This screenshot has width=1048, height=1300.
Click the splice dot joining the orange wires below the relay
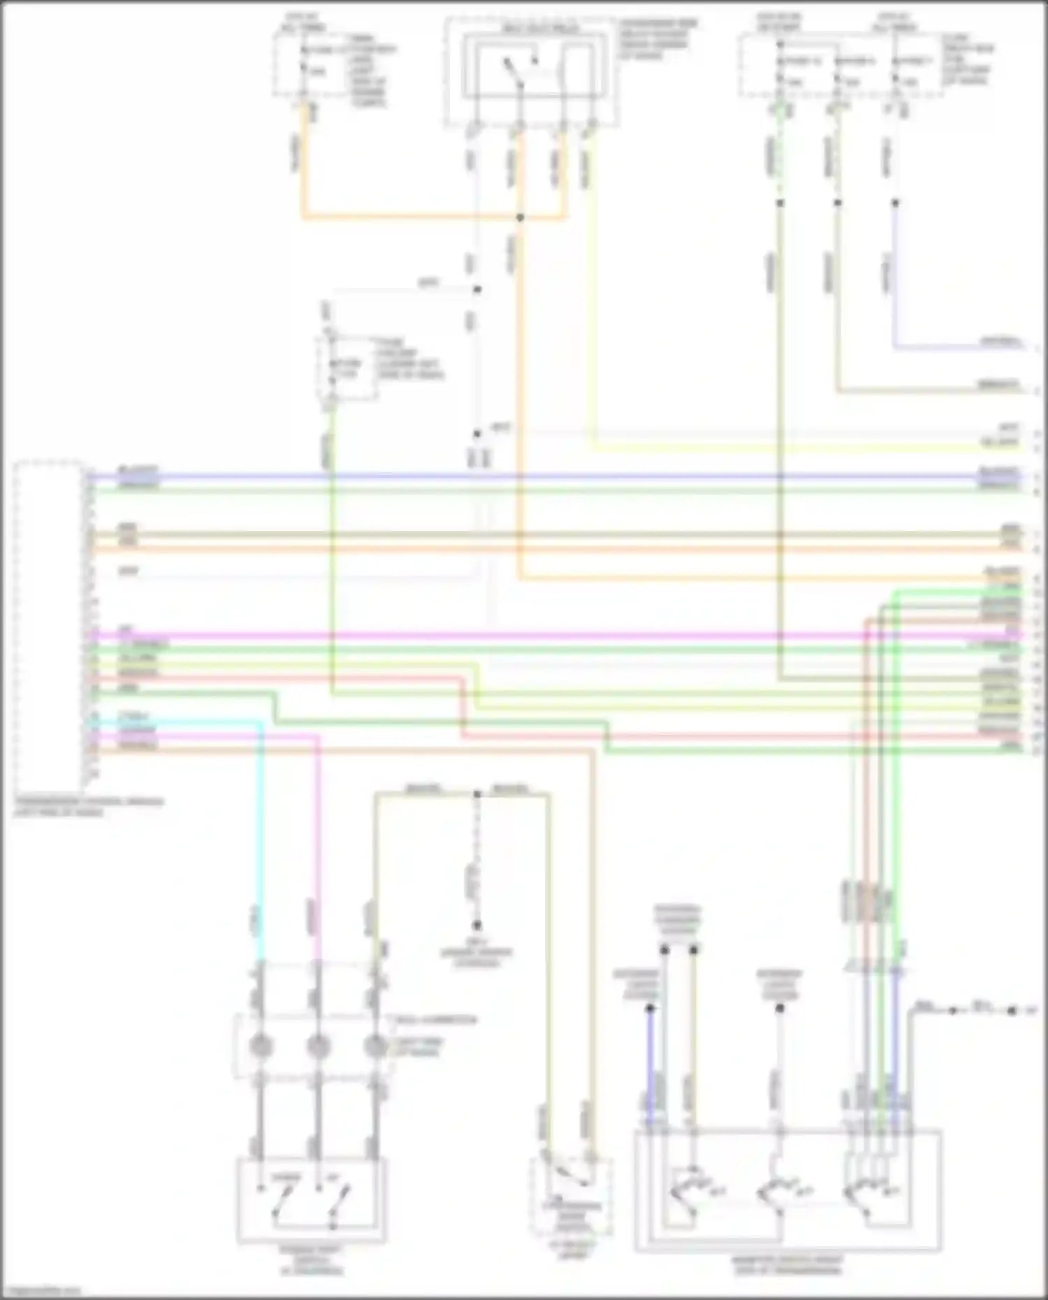(x=520, y=218)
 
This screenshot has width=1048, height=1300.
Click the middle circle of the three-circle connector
(x=318, y=1046)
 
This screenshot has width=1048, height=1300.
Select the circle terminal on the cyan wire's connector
(x=261, y=1046)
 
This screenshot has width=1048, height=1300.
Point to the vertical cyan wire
(x=261, y=838)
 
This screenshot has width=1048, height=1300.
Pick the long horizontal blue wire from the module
(x=559, y=477)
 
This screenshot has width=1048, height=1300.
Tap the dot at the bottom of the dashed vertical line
(x=477, y=926)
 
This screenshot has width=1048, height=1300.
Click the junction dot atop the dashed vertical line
(x=477, y=794)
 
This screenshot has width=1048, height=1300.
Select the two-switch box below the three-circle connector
(x=311, y=1200)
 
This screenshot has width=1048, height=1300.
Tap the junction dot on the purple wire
(x=895, y=203)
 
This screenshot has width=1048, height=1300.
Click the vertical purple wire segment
(x=894, y=279)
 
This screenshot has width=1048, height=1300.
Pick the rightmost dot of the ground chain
(x=1012, y=1011)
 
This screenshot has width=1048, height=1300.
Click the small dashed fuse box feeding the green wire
(x=347, y=369)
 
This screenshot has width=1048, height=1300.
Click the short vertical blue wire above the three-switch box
(x=650, y=1062)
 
